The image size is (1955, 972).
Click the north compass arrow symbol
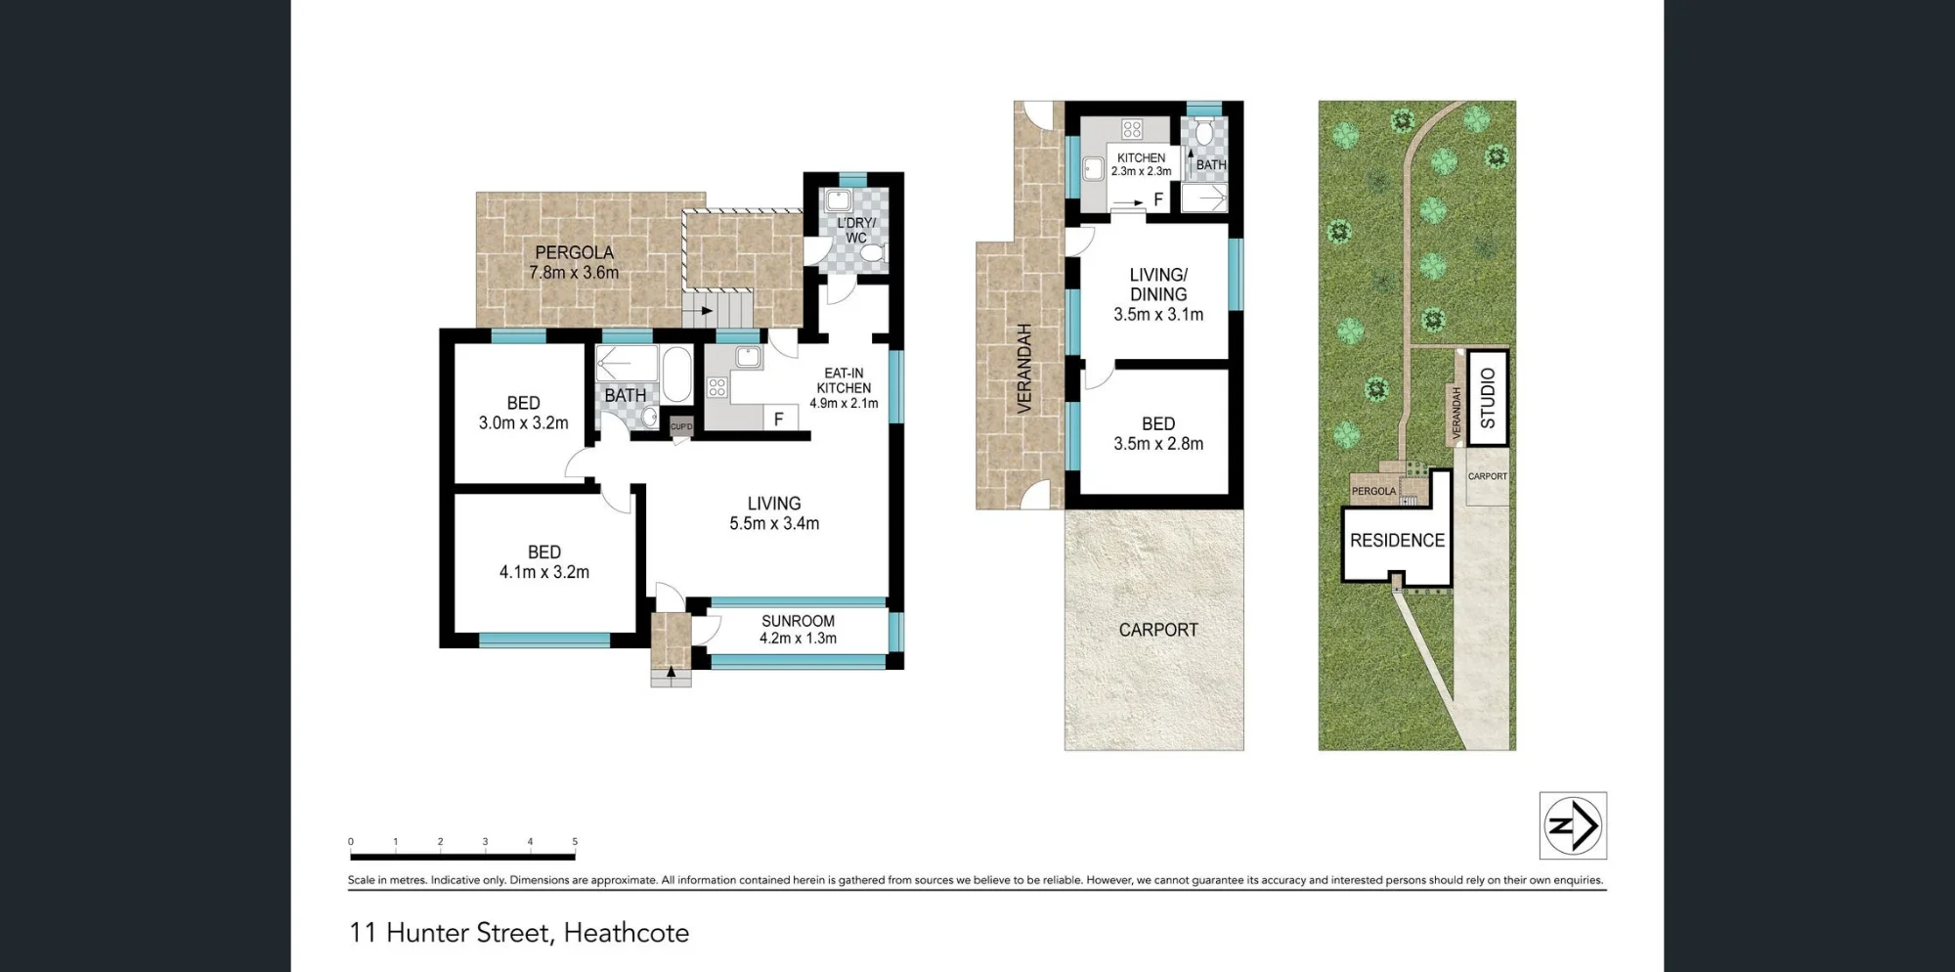(x=1573, y=825)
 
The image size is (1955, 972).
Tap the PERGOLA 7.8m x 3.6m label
(x=574, y=262)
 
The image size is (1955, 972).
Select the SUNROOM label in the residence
(x=798, y=621)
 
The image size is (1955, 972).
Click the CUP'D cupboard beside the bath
(x=681, y=426)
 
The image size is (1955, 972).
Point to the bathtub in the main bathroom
(x=676, y=374)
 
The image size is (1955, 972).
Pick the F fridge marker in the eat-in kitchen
(x=779, y=419)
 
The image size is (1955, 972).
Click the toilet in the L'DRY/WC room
(x=872, y=253)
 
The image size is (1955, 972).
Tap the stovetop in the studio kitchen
(x=1132, y=129)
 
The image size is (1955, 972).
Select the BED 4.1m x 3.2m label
(x=544, y=562)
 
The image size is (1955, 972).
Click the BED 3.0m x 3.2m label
(x=523, y=413)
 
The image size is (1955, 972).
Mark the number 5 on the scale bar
(x=575, y=841)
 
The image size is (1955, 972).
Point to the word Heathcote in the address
(x=627, y=933)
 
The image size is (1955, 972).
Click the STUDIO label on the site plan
(x=1488, y=398)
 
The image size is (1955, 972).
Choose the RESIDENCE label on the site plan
(x=1397, y=540)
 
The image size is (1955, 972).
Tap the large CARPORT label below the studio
(x=1158, y=630)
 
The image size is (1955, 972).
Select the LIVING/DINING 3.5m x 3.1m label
(x=1158, y=294)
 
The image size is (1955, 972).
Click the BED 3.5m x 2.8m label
(x=1158, y=433)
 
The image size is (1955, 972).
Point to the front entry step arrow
(x=671, y=673)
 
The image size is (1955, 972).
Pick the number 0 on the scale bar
(x=351, y=841)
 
